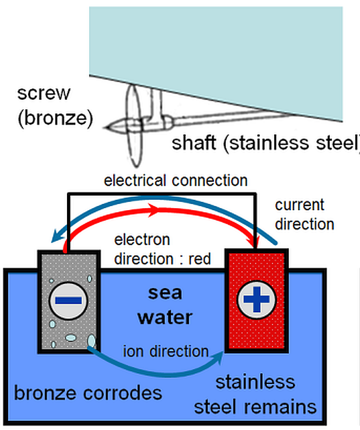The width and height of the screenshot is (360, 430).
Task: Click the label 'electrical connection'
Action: tap(175, 180)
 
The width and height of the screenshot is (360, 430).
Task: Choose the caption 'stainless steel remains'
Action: tap(255, 394)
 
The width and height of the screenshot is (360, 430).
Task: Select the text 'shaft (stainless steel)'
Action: tap(265, 143)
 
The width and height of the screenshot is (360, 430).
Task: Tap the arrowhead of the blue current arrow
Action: tap(52, 240)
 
